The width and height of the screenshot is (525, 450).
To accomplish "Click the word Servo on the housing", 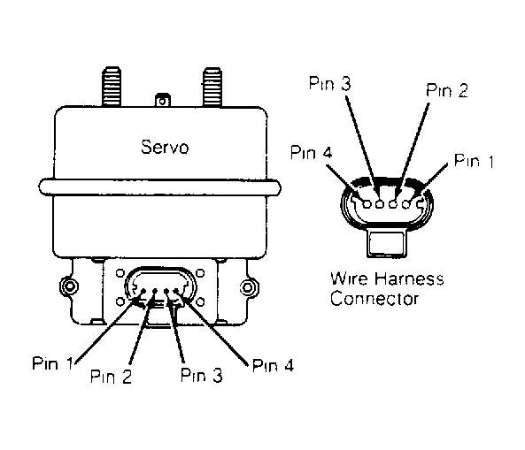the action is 165,147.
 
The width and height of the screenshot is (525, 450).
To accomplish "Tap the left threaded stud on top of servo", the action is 112,87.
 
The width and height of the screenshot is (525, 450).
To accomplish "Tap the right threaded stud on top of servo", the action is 212,87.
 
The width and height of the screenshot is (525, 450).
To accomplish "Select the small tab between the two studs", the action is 162,100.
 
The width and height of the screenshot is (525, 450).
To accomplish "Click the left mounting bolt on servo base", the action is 69,286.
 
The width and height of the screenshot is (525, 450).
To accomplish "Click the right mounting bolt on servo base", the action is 249,287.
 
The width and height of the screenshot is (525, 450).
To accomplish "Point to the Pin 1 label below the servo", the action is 52,363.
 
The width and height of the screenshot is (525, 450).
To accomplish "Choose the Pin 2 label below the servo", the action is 112,377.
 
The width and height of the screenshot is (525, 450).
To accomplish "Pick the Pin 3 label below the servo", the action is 201,375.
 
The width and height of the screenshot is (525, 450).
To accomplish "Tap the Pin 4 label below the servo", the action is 273,365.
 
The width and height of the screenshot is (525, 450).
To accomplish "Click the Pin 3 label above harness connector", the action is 330,83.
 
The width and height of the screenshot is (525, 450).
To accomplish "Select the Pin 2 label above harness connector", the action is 447,90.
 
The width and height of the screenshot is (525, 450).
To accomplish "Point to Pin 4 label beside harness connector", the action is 312,152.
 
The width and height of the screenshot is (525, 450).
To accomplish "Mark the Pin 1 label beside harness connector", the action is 474,161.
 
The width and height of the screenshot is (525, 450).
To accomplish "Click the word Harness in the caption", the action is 409,278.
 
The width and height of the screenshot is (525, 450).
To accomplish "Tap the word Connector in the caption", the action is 374,299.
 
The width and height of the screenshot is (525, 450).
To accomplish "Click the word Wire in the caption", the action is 350,278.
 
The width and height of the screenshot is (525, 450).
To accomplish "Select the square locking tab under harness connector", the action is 387,243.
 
